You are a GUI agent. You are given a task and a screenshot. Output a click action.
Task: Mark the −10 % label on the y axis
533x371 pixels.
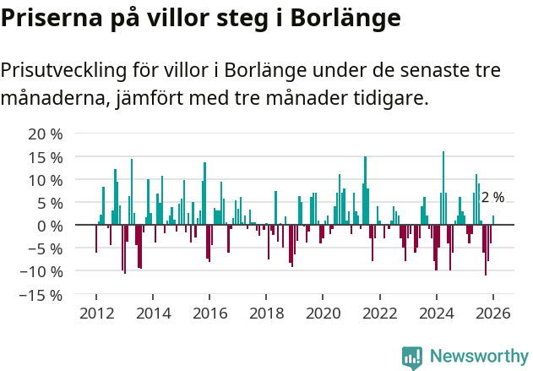click(x=41, y=272)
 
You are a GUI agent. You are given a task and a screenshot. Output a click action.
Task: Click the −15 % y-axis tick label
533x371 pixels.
click(x=41, y=295)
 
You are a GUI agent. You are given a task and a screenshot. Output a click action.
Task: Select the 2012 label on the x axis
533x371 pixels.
click(x=96, y=314)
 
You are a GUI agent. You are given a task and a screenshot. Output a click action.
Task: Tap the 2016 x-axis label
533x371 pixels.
click(x=209, y=314)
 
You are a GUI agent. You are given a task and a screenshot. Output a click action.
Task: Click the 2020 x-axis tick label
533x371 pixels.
click(x=323, y=314)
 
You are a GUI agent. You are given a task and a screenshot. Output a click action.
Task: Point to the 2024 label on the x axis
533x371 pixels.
click(x=437, y=314)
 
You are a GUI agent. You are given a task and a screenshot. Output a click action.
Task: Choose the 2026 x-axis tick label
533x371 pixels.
click(x=493, y=314)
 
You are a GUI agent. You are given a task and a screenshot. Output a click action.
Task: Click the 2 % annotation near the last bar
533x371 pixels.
click(x=492, y=198)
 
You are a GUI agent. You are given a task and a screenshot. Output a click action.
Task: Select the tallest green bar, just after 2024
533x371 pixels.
click(x=443, y=188)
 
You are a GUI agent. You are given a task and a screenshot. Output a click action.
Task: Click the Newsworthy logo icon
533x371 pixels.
click(x=412, y=357)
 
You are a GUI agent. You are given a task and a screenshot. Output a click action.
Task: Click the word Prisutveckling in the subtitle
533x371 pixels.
click(x=66, y=70)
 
